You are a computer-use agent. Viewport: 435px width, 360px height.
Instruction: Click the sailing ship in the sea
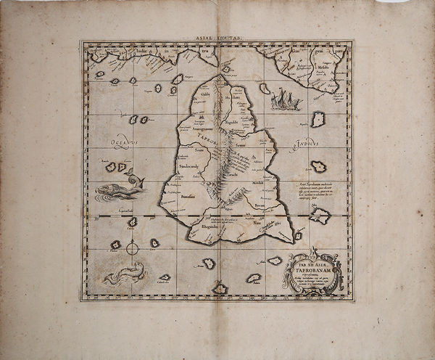click(284, 99)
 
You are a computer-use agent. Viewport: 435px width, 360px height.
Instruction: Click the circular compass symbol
click(132, 248)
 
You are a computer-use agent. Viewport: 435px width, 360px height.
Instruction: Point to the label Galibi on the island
click(206, 94)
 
